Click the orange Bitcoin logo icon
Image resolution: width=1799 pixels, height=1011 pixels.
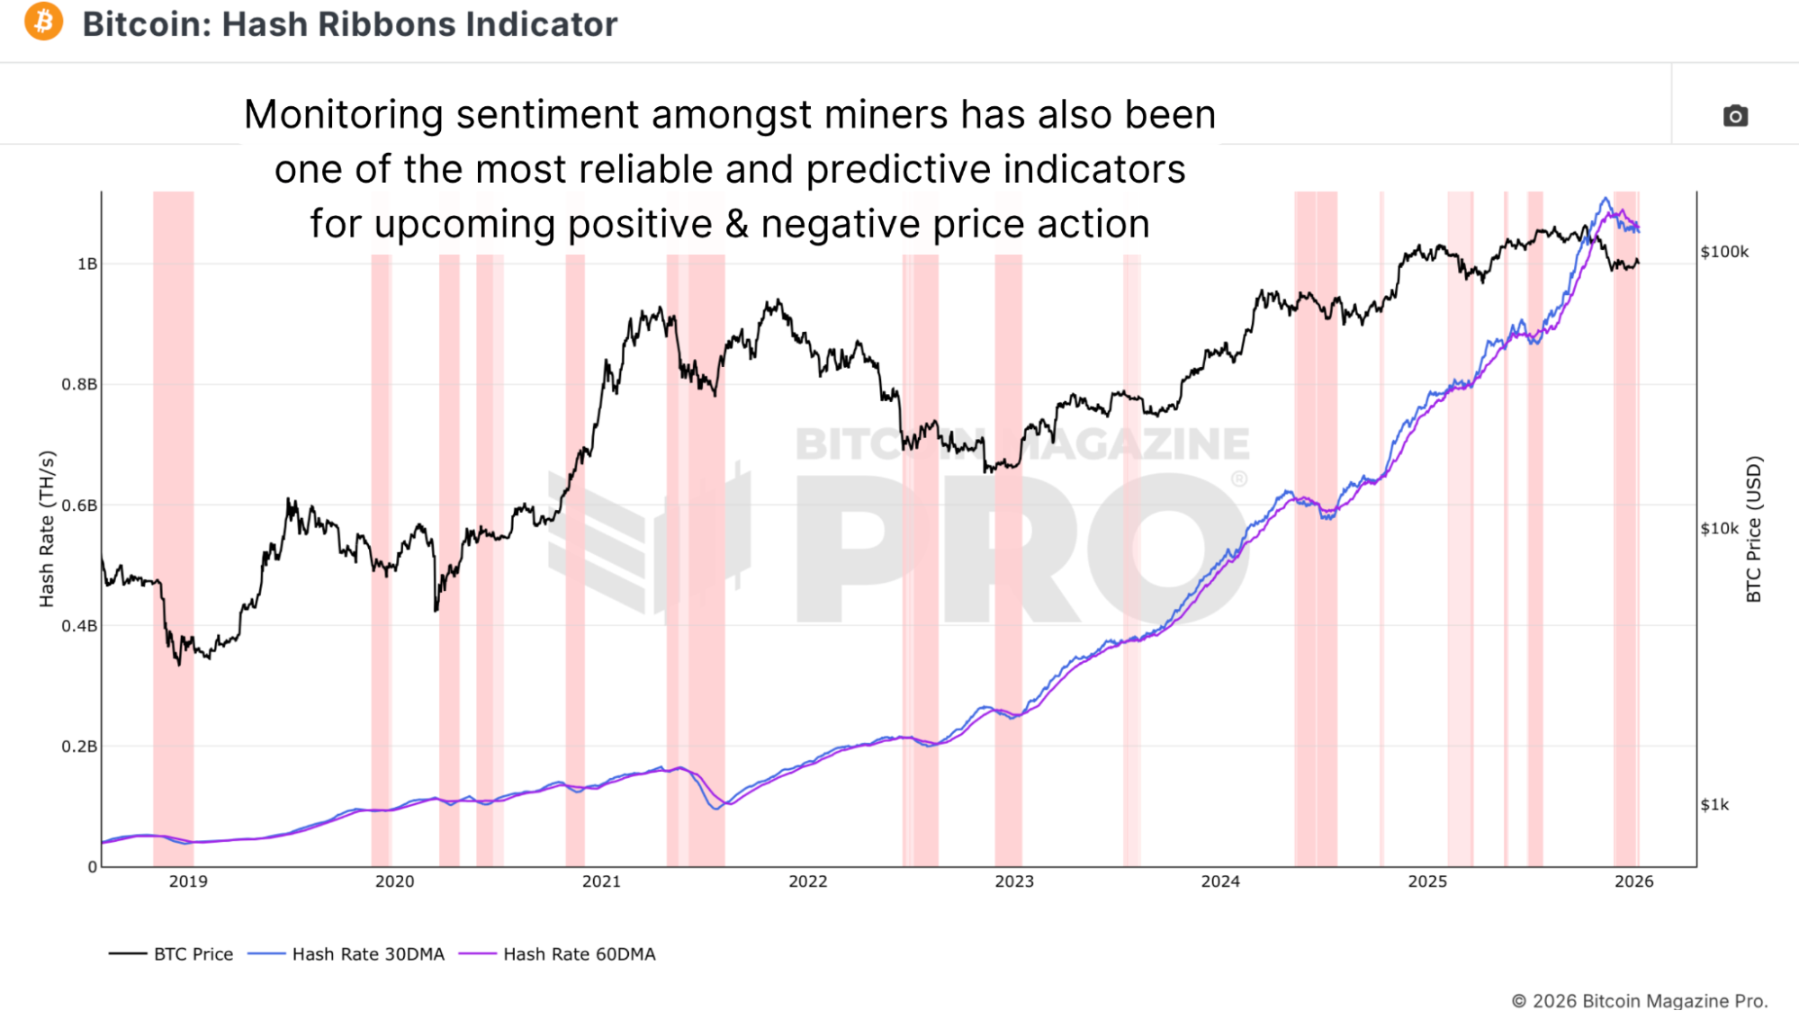tap(43, 22)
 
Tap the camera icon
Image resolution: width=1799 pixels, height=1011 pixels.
tap(1735, 116)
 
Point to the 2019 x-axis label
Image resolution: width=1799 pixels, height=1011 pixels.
tap(188, 881)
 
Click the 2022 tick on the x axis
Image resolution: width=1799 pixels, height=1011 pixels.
tap(807, 881)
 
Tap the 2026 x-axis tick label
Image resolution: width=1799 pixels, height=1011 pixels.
tap(1633, 881)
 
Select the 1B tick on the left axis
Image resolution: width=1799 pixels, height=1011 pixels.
tap(87, 264)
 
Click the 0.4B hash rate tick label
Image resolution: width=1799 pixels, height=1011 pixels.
tap(79, 626)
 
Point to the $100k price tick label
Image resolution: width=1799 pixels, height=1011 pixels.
tap(1724, 252)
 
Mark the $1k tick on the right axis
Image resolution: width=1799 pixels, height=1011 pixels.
tap(1714, 805)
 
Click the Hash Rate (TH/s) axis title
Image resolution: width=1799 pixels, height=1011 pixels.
tap(47, 529)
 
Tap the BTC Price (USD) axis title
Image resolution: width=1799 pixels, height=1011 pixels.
tap(1753, 529)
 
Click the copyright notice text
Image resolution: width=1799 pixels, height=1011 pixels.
tap(1639, 1000)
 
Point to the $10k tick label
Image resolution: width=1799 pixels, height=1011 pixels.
tap(1719, 529)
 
